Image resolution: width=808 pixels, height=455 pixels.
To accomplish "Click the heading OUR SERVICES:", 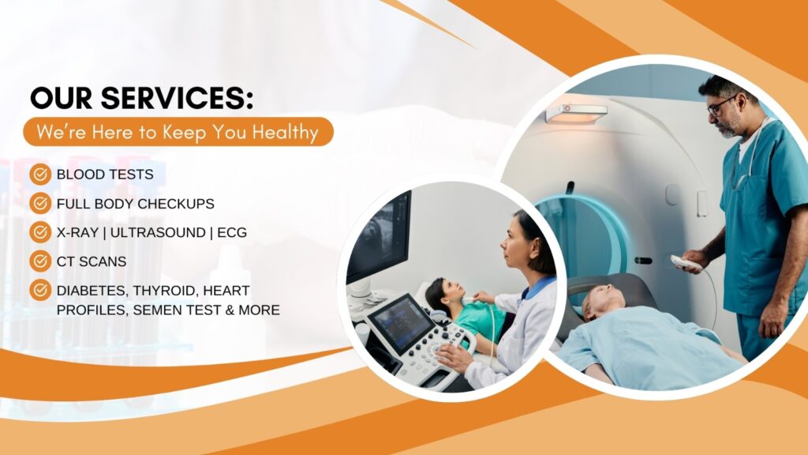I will [x=142, y=98].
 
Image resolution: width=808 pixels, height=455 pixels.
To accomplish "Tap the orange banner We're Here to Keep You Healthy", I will [x=178, y=132].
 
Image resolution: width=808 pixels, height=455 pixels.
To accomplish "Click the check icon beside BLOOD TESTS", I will [x=39, y=174].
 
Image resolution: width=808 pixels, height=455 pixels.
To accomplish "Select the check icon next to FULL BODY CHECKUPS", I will [x=39, y=203].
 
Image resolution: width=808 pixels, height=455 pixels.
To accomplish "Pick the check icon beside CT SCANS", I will [x=39, y=261].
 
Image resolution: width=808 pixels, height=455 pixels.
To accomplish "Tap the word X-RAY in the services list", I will [x=78, y=232].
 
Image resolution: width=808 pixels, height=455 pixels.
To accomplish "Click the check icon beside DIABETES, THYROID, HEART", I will [x=39, y=290].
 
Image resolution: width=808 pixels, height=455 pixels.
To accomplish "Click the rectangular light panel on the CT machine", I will [x=576, y=113].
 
